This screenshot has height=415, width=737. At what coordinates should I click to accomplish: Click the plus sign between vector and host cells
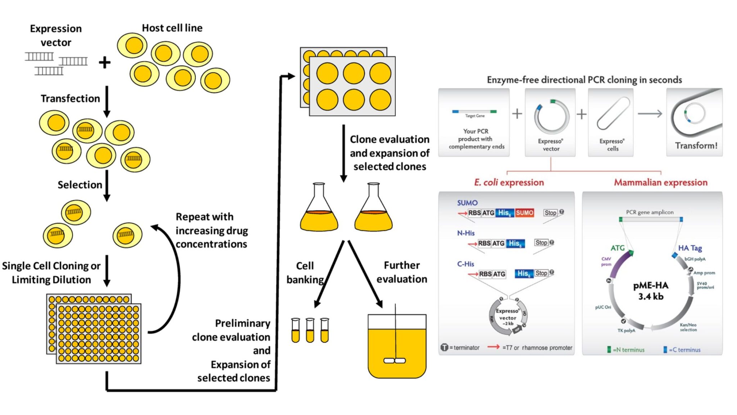(x=104, y=62)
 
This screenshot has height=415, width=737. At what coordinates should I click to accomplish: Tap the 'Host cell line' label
(x=172, y=28)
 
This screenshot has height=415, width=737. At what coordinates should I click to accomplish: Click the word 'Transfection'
(x=70, y=98)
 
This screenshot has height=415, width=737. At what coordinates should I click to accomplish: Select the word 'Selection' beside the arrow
(x=80, y=185)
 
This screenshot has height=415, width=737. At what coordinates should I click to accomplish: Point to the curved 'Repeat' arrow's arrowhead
(x=154, y=227)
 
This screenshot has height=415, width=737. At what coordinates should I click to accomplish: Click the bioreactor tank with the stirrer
(x=397, y=346)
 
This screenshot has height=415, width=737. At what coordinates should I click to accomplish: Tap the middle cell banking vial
(x=310, y=330)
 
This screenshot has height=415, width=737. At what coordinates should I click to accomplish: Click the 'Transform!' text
(x=696, y=146)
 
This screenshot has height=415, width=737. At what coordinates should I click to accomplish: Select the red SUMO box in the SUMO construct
(x=524, y=213)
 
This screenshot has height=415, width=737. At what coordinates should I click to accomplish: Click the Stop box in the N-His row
(x=541, y=243)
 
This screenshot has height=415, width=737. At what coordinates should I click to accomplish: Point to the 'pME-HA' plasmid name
(x=651, y=286)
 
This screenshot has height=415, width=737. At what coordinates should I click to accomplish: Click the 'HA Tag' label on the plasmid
(x=690, y=248)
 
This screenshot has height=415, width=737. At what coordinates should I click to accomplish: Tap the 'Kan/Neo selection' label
(x=688, y=327)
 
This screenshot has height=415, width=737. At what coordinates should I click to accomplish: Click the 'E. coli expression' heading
(x=508, y=182)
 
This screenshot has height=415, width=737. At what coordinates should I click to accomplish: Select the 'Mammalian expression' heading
(x=660, y=182)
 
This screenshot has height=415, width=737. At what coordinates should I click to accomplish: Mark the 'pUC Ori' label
(x=603, y=307)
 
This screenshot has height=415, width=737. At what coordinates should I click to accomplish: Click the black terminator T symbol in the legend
(x=444, y=347)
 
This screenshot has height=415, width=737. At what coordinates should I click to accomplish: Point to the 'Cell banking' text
(x=305, y=272)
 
